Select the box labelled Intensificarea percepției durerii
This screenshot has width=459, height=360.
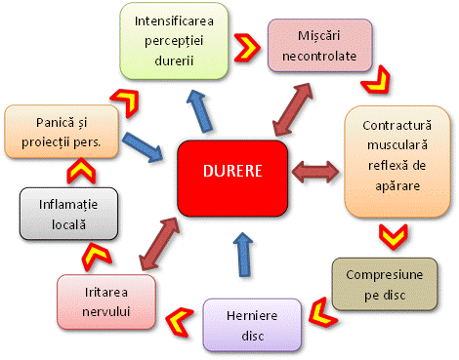(177, 41)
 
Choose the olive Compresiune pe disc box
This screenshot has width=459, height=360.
(386, 282)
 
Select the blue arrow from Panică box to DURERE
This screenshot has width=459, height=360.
(143, 146)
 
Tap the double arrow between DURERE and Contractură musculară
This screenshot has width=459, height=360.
(313, 172)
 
